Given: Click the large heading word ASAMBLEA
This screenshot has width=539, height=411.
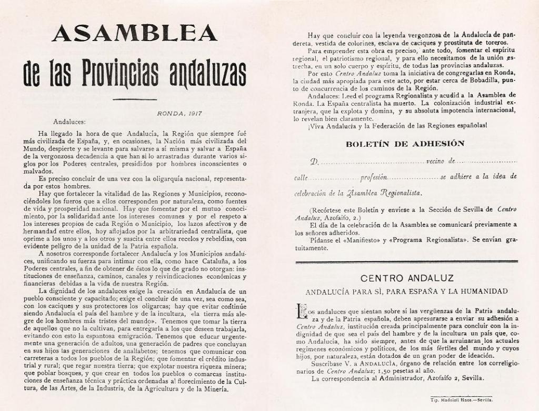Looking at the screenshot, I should pos(135,33).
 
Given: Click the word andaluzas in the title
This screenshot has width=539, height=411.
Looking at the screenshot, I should pos(207,74).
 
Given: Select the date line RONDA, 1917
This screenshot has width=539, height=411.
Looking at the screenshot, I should pos(179,113).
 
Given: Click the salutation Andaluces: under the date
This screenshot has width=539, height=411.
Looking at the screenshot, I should pos(69,122).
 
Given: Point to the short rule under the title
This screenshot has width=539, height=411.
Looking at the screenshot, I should pos(135,99).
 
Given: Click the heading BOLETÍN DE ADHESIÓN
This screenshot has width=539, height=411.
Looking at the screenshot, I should pos(405,143).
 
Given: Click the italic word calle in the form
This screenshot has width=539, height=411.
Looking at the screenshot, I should pos(301,177).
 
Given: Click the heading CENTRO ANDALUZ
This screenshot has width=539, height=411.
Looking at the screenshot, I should pos(406,278).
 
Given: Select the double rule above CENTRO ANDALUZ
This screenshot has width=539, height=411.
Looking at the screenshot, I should pos(406,262).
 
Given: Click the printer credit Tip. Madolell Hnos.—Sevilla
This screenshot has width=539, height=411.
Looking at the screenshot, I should pos(461,400).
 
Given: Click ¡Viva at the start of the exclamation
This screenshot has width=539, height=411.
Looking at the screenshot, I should pos(301,126).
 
